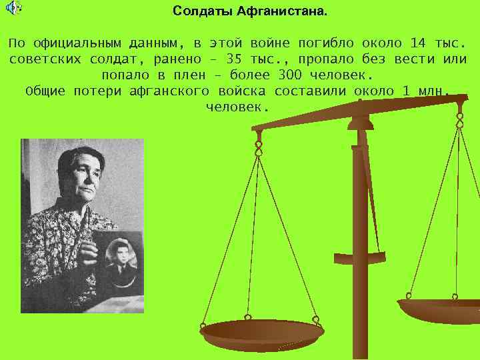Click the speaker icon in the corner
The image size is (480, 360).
[x=13, y=8]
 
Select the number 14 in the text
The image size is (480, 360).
[x=418, y=43]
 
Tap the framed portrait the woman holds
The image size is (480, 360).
[x=118, y=261]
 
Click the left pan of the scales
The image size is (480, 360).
[x=261, y=331]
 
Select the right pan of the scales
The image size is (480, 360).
[x=440, y=308]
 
